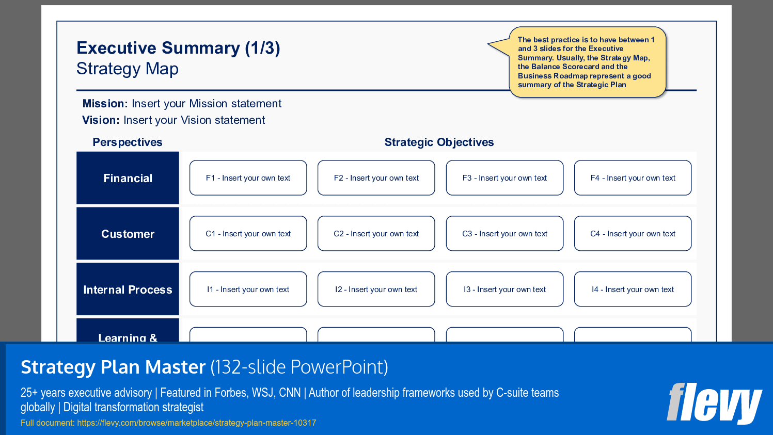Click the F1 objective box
tap(248, 178)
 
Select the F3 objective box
tap(504, 178)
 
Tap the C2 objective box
tap(376, 234)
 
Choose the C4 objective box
tap(633, 234)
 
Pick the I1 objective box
tap(248, 289)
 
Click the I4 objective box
tap(633, 289)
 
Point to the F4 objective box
tap(633, 178)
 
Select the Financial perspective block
tap(128, 178)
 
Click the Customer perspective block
tap(128, 234)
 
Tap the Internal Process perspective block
tap(128, 289)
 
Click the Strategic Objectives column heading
tap(439, 142)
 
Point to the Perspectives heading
tap(128, 142)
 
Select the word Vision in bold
tap(101, 120)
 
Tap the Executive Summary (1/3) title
tap(178, 48)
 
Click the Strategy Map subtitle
tap(128, 69)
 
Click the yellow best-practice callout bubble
tap(587, 62)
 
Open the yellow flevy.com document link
tap(196, 423)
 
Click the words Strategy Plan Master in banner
tap(113, 367)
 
